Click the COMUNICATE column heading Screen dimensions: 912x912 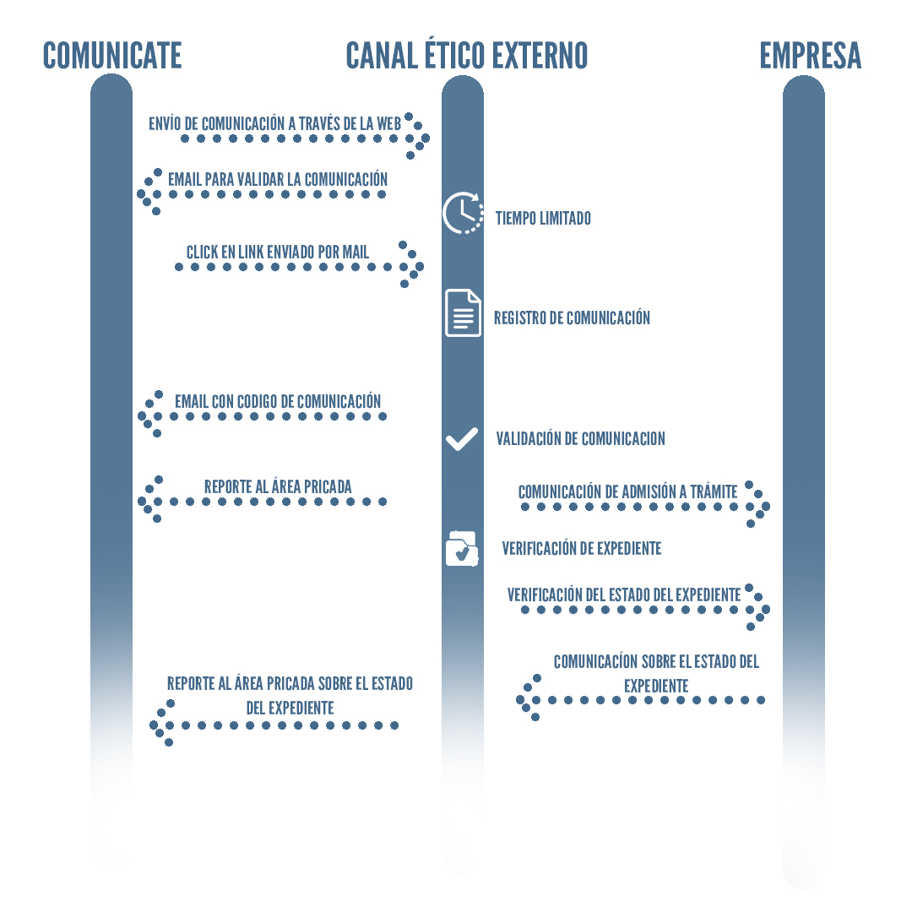click(x=112, y=56)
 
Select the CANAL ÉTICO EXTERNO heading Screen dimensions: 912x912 click(x=466, y=56)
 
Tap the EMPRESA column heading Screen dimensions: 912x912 click(x=810, y=56)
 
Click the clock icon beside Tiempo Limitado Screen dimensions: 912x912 click(x=463, y=213)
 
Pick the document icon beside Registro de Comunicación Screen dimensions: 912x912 click(x=463, y=312)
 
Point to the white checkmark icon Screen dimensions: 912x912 click(x=462, y=438)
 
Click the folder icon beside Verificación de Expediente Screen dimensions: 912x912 click(x=461, y=548)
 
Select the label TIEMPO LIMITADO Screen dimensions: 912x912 click(x=543, y=219)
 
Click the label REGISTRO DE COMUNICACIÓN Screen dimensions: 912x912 click(x=572, y=318)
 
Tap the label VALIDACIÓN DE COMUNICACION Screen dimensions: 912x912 click(x=580, y=439)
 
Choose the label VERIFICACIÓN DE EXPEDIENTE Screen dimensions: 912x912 click(x=581, y=549)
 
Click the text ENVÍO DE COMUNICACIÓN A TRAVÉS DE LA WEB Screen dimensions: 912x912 click(x=274, y=123)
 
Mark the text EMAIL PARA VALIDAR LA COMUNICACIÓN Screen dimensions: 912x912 click(x=278, y=179)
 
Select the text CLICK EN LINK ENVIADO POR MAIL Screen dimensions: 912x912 click(x=278, y=252)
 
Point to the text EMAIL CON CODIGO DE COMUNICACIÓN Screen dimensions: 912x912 click(x=278, y=402)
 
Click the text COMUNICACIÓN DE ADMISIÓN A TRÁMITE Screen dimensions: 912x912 click(x=627, y=491)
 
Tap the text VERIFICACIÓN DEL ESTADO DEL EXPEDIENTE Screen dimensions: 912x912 click(x=624, y=594)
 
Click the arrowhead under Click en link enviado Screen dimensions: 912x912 click(x=411, y=266)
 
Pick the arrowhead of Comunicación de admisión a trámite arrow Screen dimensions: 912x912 click(x=757, y=507)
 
